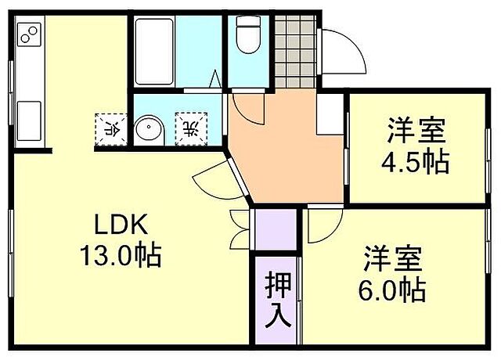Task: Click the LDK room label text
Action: coord(121,225)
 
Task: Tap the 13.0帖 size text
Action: coord(121,255)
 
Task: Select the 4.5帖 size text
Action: coord(414,162)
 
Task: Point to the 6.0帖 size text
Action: coord(392,290)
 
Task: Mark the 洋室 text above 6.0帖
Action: coord(392,258)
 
